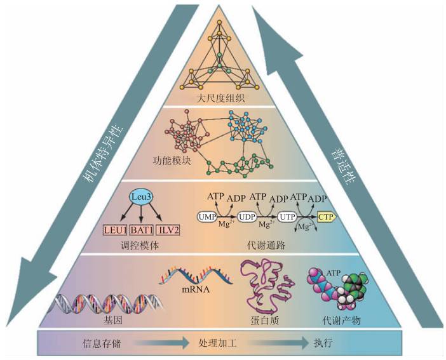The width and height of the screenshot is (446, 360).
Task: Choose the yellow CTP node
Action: point(325,217)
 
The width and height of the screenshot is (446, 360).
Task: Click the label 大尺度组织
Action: point(222,98)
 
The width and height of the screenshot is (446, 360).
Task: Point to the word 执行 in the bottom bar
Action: point(323,343)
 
